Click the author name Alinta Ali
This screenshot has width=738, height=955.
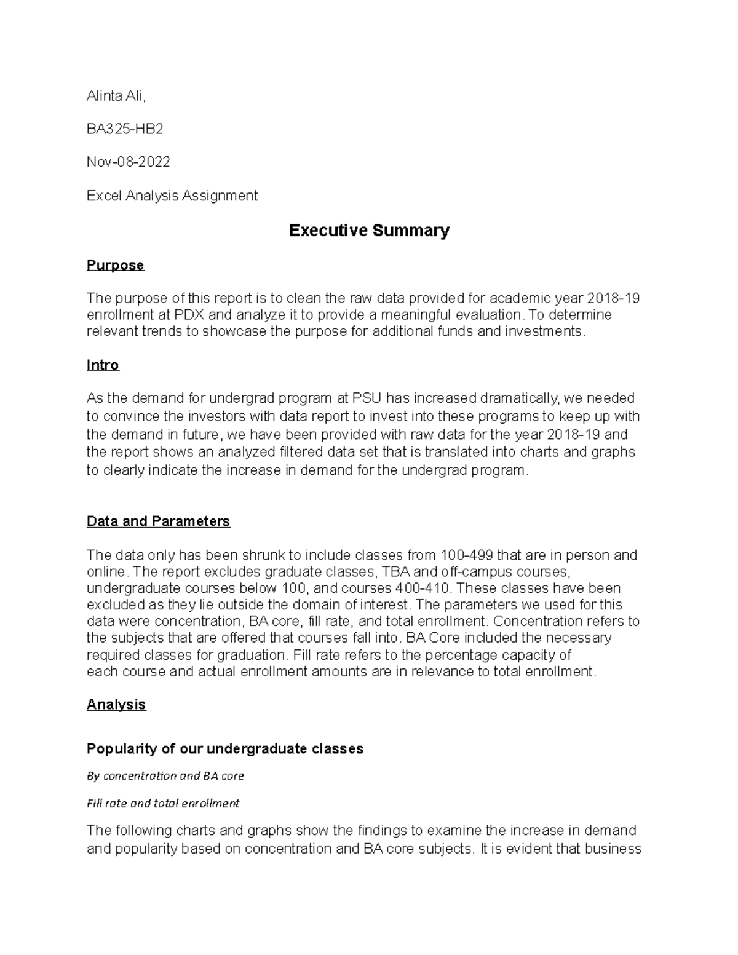tap(116, 96)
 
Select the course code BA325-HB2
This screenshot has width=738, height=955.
tap(125, 129)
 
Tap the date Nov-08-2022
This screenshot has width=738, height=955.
tap(128, 162)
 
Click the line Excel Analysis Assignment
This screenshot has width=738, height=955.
tap(172, 196)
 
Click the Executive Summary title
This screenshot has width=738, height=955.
tap(369, 231)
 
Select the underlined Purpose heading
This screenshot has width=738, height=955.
tap(115, 265)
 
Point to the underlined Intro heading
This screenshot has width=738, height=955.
tap(103, 365)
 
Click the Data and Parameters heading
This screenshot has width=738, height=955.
tap(158, 521)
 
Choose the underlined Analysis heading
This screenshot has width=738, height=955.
tap(116, 705)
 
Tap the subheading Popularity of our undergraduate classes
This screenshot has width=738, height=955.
tap(224, 749)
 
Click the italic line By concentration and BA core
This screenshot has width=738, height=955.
tap(165, 776)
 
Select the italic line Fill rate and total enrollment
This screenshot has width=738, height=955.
tap(163, 804)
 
